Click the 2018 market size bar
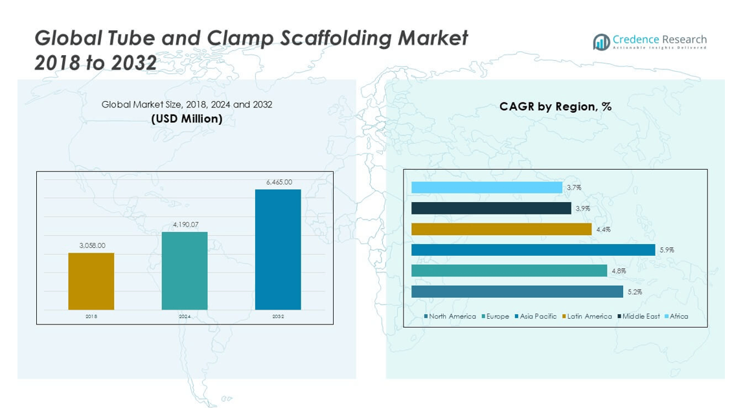91,281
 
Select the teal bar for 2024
185,271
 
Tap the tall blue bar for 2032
278,249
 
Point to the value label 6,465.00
279,183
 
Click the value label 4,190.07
185,225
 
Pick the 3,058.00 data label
92,245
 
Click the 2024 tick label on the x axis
185,317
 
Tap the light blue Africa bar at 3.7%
487,188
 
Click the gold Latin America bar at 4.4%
501,229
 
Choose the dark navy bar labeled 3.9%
491,209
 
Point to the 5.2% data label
634,292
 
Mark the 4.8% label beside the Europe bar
619,271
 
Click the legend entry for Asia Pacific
538,317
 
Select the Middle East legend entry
641,317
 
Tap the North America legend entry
452,317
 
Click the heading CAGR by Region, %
555,107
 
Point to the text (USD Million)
187,119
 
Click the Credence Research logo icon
601,42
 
